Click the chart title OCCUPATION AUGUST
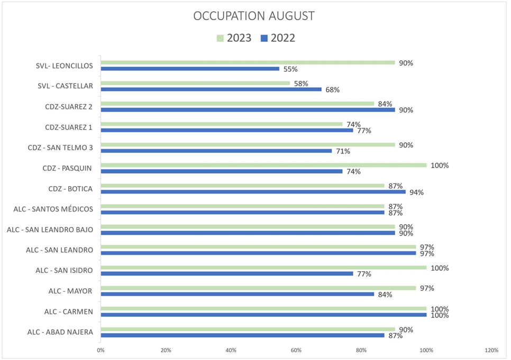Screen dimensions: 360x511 (254, 16)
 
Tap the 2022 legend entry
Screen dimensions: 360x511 (277, 38)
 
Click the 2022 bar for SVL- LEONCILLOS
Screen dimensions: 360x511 (190, 69)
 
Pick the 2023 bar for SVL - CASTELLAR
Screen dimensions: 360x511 (195, 83)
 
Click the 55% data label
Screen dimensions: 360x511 (290, 69)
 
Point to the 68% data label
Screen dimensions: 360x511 (332, 90)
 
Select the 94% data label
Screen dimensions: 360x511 (416, 192)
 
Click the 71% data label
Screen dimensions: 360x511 (342, 151)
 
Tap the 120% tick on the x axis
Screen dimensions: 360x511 (491, 350)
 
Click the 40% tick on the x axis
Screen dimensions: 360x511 (231, 350)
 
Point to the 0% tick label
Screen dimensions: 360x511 (101, 350)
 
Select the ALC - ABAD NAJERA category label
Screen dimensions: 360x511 (60, 332)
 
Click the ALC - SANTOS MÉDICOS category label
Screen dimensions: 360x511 (53, 209)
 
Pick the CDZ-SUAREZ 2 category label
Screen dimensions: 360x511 (69, 106)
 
